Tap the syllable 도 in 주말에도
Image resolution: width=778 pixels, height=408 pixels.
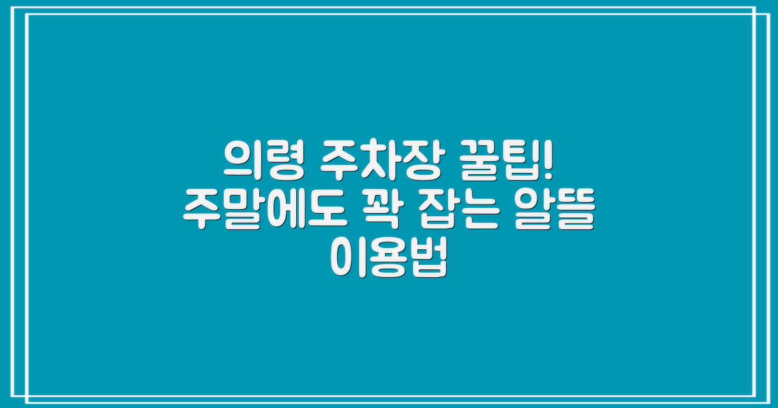pyautogui.click(x=317, y=212)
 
